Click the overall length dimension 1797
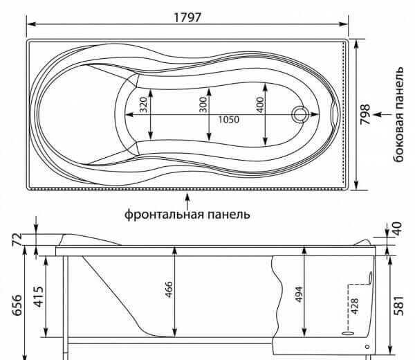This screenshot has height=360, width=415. tap(187, 17)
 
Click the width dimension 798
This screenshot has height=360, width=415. tap(365, 114)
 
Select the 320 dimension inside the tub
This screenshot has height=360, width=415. tap(143, 105)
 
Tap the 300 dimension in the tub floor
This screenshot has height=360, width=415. tap(203, 105)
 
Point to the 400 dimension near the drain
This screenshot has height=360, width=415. tap(260, 105)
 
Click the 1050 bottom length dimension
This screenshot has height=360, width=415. tap(229, 120)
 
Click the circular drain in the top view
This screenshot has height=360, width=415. tap(300, 114)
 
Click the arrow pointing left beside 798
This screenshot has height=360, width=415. tap(382, 114)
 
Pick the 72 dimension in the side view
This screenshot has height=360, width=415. tap(17, 240)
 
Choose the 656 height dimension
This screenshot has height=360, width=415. tap(17, 305)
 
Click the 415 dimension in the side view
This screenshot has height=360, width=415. tap(39, 297)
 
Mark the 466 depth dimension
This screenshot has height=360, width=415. tap(169, 289)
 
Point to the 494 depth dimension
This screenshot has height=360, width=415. tap(299, 294)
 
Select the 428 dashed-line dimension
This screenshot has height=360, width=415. tap(354, 306)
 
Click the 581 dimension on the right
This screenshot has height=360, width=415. tap(399, 305)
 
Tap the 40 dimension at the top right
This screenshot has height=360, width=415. tap(398, 228)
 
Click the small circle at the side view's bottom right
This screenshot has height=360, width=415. tap(367, 346)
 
